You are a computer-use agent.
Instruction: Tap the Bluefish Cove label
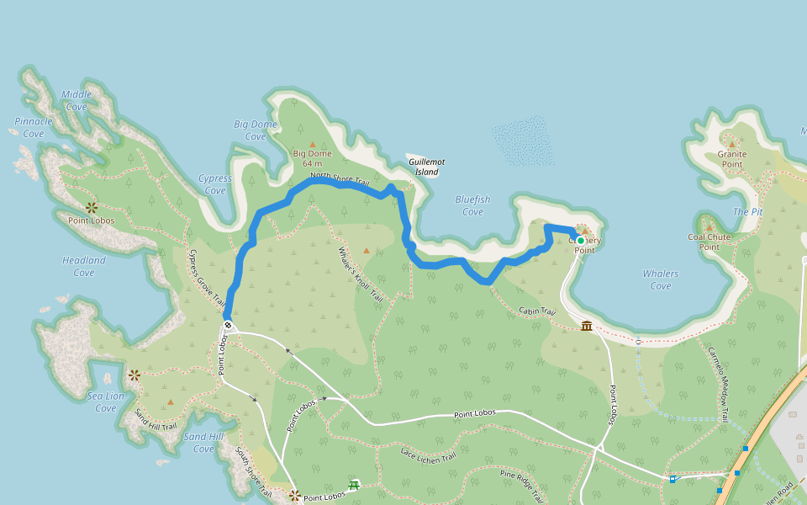click(472, 205)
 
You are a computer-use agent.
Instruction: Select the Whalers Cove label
click(661, 279)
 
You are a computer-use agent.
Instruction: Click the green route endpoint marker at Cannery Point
click(580, 241)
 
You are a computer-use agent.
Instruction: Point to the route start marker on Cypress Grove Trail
click(228, 325)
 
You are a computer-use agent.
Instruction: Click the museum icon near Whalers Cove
click(586, 326)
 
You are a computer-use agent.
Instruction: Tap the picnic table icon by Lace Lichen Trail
click(354, 485)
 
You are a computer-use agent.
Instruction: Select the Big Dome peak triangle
click(313, 145)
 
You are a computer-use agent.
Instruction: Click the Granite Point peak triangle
click(731, 145)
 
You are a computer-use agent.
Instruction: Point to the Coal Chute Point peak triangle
click(709, 227)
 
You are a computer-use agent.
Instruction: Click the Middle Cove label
click(76, 100)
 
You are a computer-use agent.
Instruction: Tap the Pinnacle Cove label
click(34, 127)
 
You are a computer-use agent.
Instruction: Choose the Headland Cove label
click(84, 266)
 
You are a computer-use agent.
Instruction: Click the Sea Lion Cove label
click(106, 401)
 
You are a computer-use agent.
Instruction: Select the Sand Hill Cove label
click(204, 443)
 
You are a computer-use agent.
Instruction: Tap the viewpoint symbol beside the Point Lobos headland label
click(91, 207)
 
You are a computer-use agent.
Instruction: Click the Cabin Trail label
click(537, 311)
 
